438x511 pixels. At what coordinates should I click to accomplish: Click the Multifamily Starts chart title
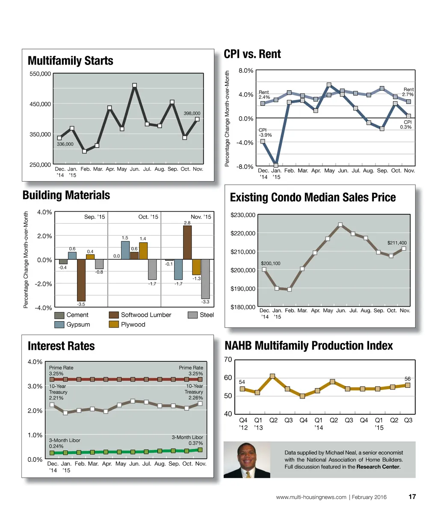click(x=70, y=61)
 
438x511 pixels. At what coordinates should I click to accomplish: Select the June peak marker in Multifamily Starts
click(x=135, y=86)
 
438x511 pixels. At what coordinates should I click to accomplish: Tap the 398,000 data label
click(x=192, y=113)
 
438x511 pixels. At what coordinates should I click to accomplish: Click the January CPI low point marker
click(x=276, y=165)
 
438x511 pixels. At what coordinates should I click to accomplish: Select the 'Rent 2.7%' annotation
click(x=408, y=92)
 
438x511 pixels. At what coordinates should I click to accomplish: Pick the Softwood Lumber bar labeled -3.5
click(x=81, y=280)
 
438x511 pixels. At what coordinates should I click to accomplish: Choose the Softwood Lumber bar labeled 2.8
click(x=187, y=242)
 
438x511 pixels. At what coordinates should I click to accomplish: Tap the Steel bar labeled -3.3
click(x=205, y=279)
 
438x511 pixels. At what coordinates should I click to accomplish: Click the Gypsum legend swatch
click(x=59, y=325)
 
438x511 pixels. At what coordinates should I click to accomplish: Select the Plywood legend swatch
click(x=114, y=325)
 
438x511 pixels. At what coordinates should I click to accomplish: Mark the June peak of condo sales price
click(x=340, y=224)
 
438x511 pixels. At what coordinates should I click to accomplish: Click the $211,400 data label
click(x=397, y=243)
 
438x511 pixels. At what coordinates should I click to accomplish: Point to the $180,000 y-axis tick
click(x=243, y=307)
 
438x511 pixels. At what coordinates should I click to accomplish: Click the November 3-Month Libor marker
click(x=200, y=449)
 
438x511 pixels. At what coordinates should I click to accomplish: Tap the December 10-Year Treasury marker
click(x=52, y=405)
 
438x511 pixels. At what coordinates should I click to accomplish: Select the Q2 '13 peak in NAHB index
click(x=272, y=376)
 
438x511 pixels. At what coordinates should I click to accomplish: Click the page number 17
click(x=412, y=497)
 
